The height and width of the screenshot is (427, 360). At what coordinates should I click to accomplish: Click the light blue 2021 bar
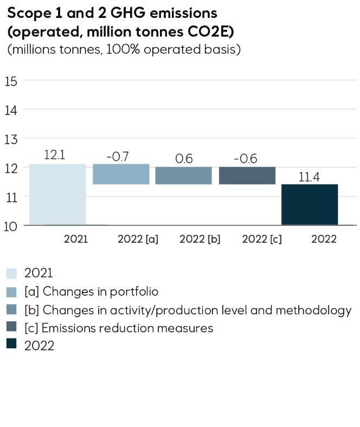[x=57, y=194]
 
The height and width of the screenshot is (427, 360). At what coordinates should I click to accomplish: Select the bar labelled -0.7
[x=121, y=174]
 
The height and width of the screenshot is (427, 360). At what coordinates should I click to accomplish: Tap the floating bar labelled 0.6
[x=183, y=175]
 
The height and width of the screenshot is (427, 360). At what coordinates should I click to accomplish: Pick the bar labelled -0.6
[x=247, y=175]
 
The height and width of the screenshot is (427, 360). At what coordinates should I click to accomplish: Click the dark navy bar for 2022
[x=310, y=205]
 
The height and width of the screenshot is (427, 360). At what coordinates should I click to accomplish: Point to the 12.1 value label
[x=54, y=155]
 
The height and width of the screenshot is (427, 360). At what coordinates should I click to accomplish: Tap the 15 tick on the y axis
[x=11, y=81]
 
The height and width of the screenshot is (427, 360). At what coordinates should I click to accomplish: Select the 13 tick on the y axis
[x=11, y=139]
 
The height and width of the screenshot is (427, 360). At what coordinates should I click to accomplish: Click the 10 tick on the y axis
[x=11, y=226]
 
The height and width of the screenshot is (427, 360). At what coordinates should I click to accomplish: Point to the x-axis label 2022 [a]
[x=138, y=239]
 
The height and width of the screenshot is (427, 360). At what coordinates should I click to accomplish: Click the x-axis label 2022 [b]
[x=200, y=239]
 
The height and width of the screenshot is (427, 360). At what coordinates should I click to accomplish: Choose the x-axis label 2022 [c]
[x=262, y=239]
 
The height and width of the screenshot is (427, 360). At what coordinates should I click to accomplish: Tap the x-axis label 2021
[x=75, y=239]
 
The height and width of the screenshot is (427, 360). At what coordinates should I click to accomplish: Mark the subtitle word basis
[x=224, y=49]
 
